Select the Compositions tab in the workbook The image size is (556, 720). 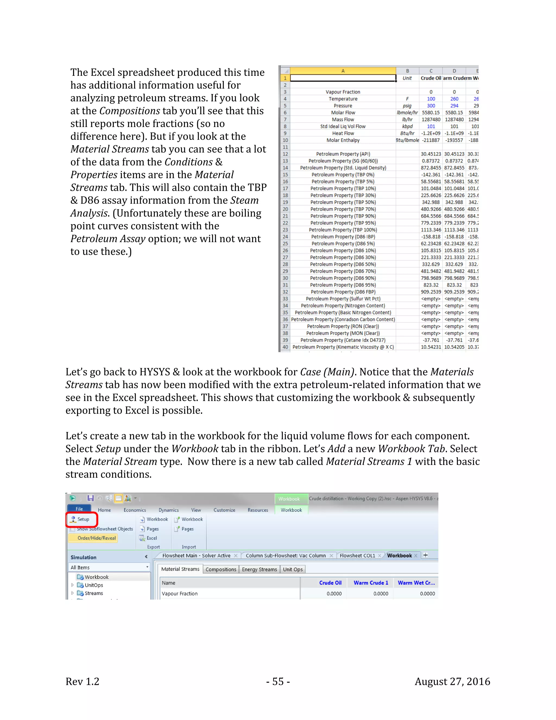click(221, 569)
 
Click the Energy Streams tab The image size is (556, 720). click(259, 569)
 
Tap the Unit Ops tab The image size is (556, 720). click(292, 569)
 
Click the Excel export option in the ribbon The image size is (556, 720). click(151, 538)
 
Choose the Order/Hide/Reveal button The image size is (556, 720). click(96, 538)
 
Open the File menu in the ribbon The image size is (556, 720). click(79, 509)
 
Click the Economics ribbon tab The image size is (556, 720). click(135, 510)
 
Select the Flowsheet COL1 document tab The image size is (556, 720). click(357, 556)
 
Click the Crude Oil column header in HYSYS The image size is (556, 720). click(330, 583)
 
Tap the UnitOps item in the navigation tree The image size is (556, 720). click(94, 585)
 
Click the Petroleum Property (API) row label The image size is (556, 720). click(343, 154)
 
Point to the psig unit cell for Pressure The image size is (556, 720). click(407, 106)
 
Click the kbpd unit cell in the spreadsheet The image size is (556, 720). click(407, 126)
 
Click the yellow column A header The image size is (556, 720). click(343, 71)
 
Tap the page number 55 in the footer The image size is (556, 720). click(278, 681)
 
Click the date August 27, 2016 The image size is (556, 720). click(452, 681)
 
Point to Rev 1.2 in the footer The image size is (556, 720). click(82, 681)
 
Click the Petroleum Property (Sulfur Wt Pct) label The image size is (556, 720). click(343, 299)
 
